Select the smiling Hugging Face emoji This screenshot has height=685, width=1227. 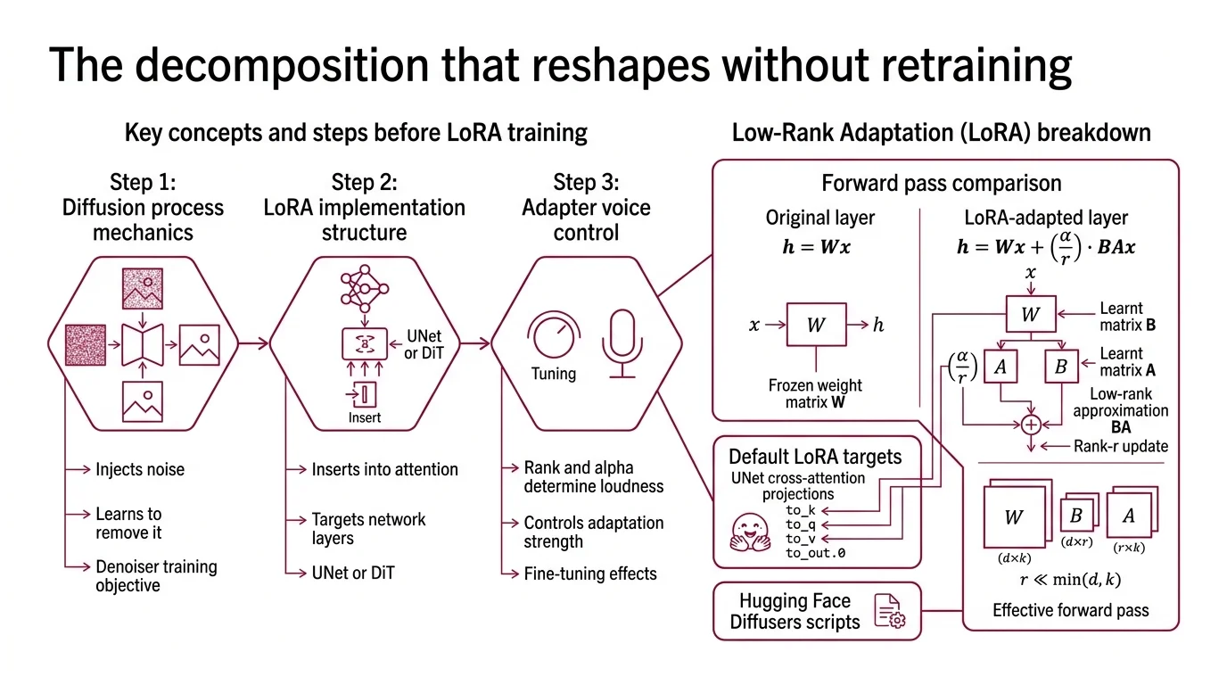(748, 532)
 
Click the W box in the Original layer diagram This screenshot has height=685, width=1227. (815, 326)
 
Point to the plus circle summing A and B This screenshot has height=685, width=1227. (1031, 425)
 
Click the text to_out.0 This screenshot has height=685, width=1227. (815, 553)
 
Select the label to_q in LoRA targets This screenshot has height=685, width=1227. (801, 524)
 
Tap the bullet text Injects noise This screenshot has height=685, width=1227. (140, 469)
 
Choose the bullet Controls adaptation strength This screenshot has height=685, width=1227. (593, 532)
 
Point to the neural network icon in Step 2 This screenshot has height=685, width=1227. (363, 289)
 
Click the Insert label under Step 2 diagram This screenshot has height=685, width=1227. (364, 417)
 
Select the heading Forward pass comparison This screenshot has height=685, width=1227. (941, 184)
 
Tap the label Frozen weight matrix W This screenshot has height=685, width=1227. (815, 394)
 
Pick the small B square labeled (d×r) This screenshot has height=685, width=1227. (1075, 516)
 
